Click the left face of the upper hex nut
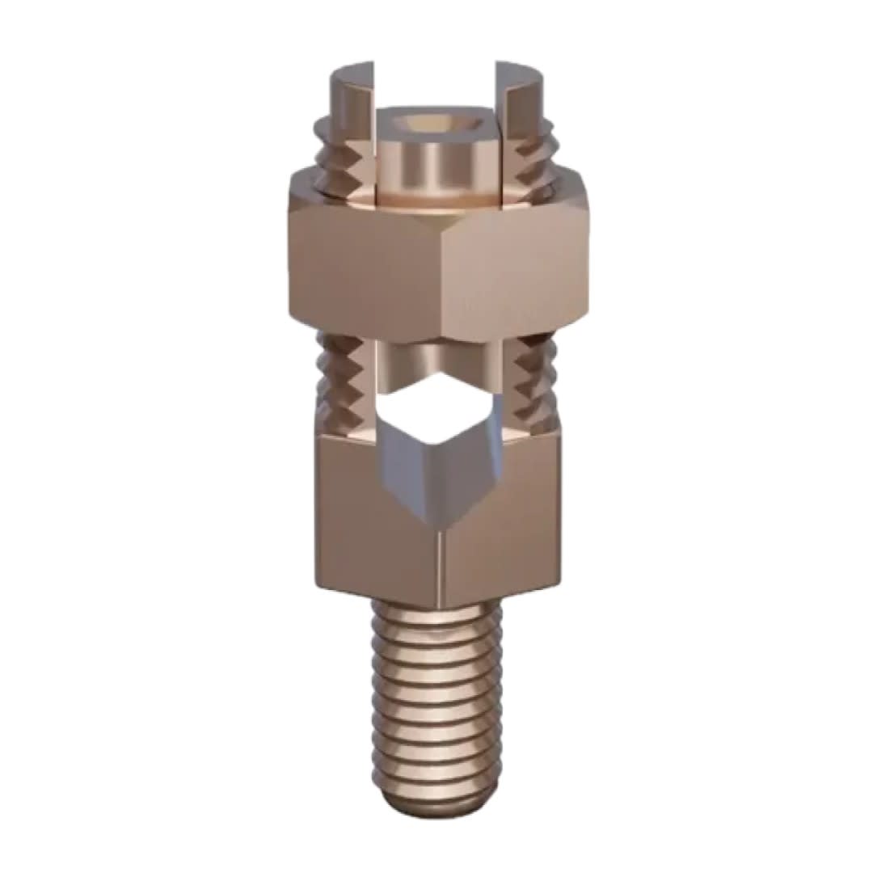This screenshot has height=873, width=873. (x=364, y=259)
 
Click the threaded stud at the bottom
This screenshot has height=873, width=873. (x=436, y=695)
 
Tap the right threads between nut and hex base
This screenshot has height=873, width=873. (x=533, y=380)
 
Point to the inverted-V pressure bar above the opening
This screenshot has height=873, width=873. (x=436, y=356)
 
